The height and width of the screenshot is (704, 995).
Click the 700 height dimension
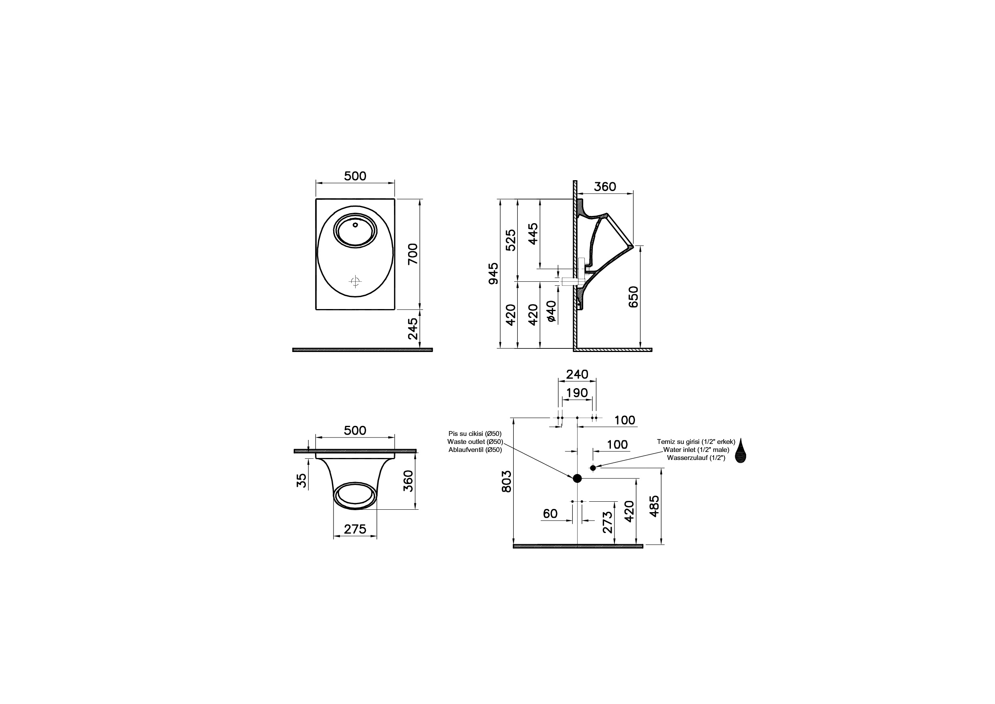(x=413, y=254)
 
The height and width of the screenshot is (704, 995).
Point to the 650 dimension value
(x=633, y=297)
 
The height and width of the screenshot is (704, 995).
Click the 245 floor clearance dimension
(x=413, y=328)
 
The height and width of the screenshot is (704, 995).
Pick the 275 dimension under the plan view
(x=355, y=529)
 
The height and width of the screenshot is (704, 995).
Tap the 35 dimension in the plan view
(x=301, y=480)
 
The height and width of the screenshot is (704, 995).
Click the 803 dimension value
(x=507, y=482)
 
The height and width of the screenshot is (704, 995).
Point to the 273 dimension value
(x=608, y=522)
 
